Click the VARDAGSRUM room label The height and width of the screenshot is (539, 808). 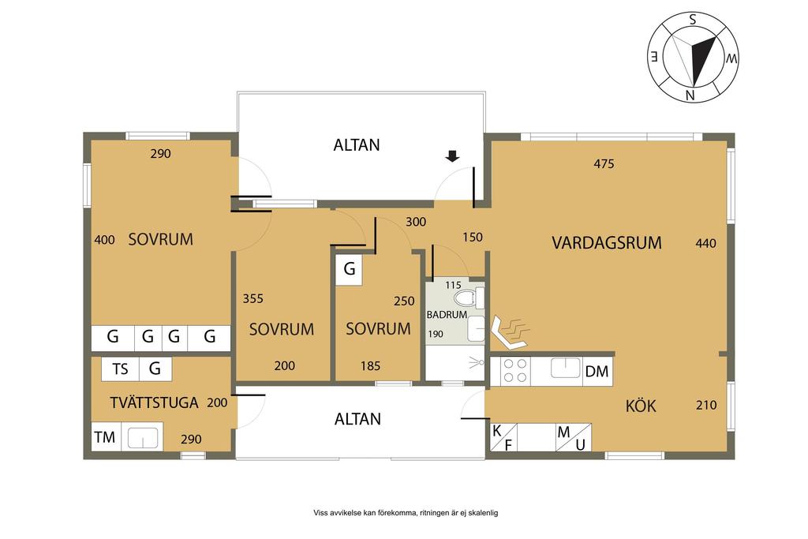point(607,243)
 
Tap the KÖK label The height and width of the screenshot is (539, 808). point(641,406)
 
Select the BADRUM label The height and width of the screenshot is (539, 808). point(447,314)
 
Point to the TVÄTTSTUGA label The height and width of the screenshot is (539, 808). point(154,402)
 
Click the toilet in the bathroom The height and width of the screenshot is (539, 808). point(469,298)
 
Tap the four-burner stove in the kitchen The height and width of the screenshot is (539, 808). point(515,370)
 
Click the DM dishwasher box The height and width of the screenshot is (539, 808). point(597,371)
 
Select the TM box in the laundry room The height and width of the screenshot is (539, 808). point(105,437)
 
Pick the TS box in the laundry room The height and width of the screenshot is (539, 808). point(121,369)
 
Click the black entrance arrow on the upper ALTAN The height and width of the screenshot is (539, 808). point(452,156)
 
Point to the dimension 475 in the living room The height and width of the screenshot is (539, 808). point(604,164)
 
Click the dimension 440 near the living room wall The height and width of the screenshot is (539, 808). point(705,243)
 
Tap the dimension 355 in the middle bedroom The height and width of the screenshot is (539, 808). point(253,299)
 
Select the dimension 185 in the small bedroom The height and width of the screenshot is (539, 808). point(371,366)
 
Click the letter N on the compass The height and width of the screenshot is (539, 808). point(690,95)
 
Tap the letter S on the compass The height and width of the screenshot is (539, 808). point(693,20)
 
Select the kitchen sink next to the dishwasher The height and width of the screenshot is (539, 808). point(566,368)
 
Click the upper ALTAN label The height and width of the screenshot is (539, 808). point(357,144)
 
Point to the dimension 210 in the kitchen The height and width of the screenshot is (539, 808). point(706,405)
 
